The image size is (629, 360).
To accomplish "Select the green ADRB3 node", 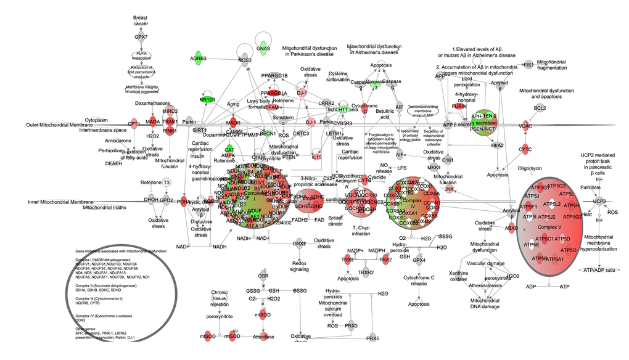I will [x=198, y=59].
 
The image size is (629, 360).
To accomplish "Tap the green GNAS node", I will [x=263, y=48].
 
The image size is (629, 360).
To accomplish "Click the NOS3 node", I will [x=245, y=60].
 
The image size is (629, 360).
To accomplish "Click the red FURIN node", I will [x=458, y=107].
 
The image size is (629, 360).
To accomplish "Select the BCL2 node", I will [x=540, y=108].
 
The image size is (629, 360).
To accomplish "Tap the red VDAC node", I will [x=525, y=126].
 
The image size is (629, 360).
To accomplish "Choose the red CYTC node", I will [x=525, y=149].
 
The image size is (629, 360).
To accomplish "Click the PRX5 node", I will [x=372, y=338].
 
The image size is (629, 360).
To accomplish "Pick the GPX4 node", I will [x=419, y=261].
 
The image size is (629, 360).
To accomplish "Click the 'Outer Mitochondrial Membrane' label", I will [x=54, y=125].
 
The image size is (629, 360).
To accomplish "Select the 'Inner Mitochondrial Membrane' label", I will [x=57, y=202].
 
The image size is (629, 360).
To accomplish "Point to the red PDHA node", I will [x=183, y=202].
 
